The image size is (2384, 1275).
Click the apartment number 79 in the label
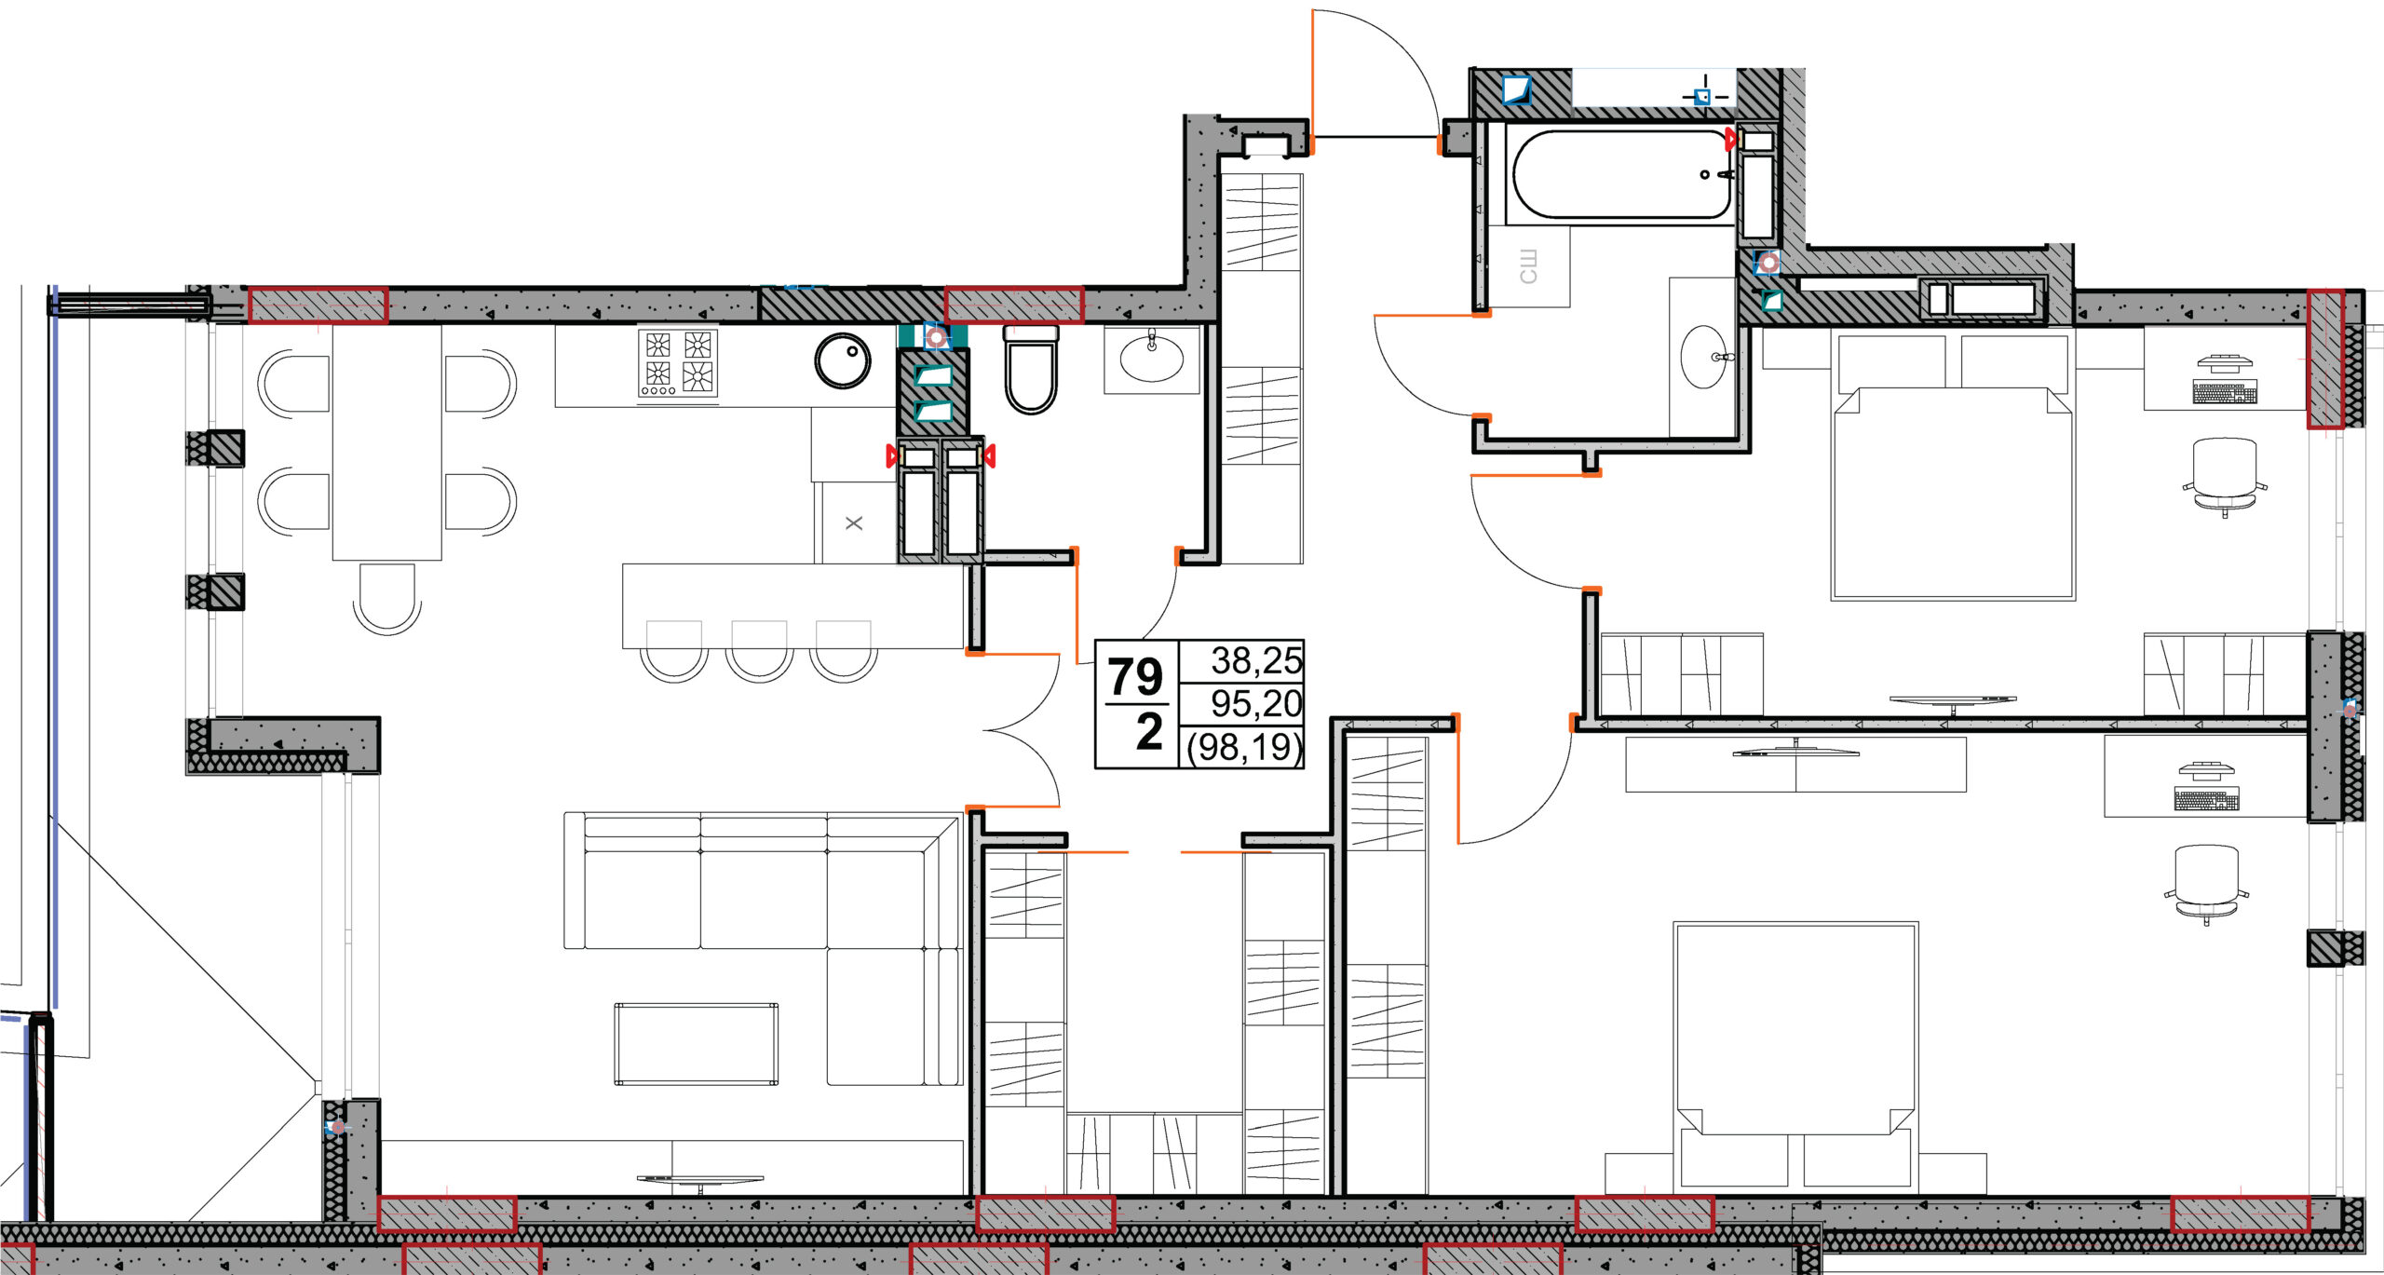click(x=1135, y=676)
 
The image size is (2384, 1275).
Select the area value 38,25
click(x=1255, y=660)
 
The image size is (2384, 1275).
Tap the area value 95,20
click(x=1255, y=703)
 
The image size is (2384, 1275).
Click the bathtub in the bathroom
click(x=1621, y=175)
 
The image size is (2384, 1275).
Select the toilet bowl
click(x=1031, y=368)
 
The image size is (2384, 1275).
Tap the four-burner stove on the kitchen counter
click(x=678, y=362)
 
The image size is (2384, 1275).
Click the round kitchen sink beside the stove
click(x=843, y=360)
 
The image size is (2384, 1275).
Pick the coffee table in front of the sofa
click(x=696, y=1044)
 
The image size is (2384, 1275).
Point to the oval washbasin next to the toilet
click(x=1152, y=358)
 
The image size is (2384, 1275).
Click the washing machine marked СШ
click(x=1528, y=266)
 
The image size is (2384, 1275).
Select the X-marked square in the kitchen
click(x=854, y=522)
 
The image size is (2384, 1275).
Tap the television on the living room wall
click(x=700, y=1181)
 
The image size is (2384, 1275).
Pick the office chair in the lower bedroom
click(x=2206, y=885)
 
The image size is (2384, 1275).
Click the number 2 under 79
click(x=1149, y=731)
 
